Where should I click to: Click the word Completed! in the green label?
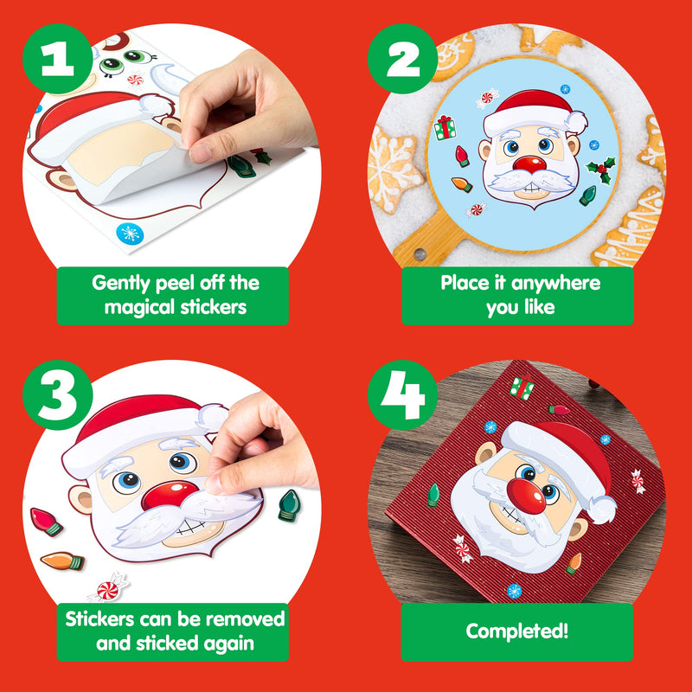point(517,631)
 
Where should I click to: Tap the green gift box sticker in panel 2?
point(445,128)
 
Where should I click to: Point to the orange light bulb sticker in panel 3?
point(62,561)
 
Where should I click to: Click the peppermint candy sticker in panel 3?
point(108,590)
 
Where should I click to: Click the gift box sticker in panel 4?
point(522,388)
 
